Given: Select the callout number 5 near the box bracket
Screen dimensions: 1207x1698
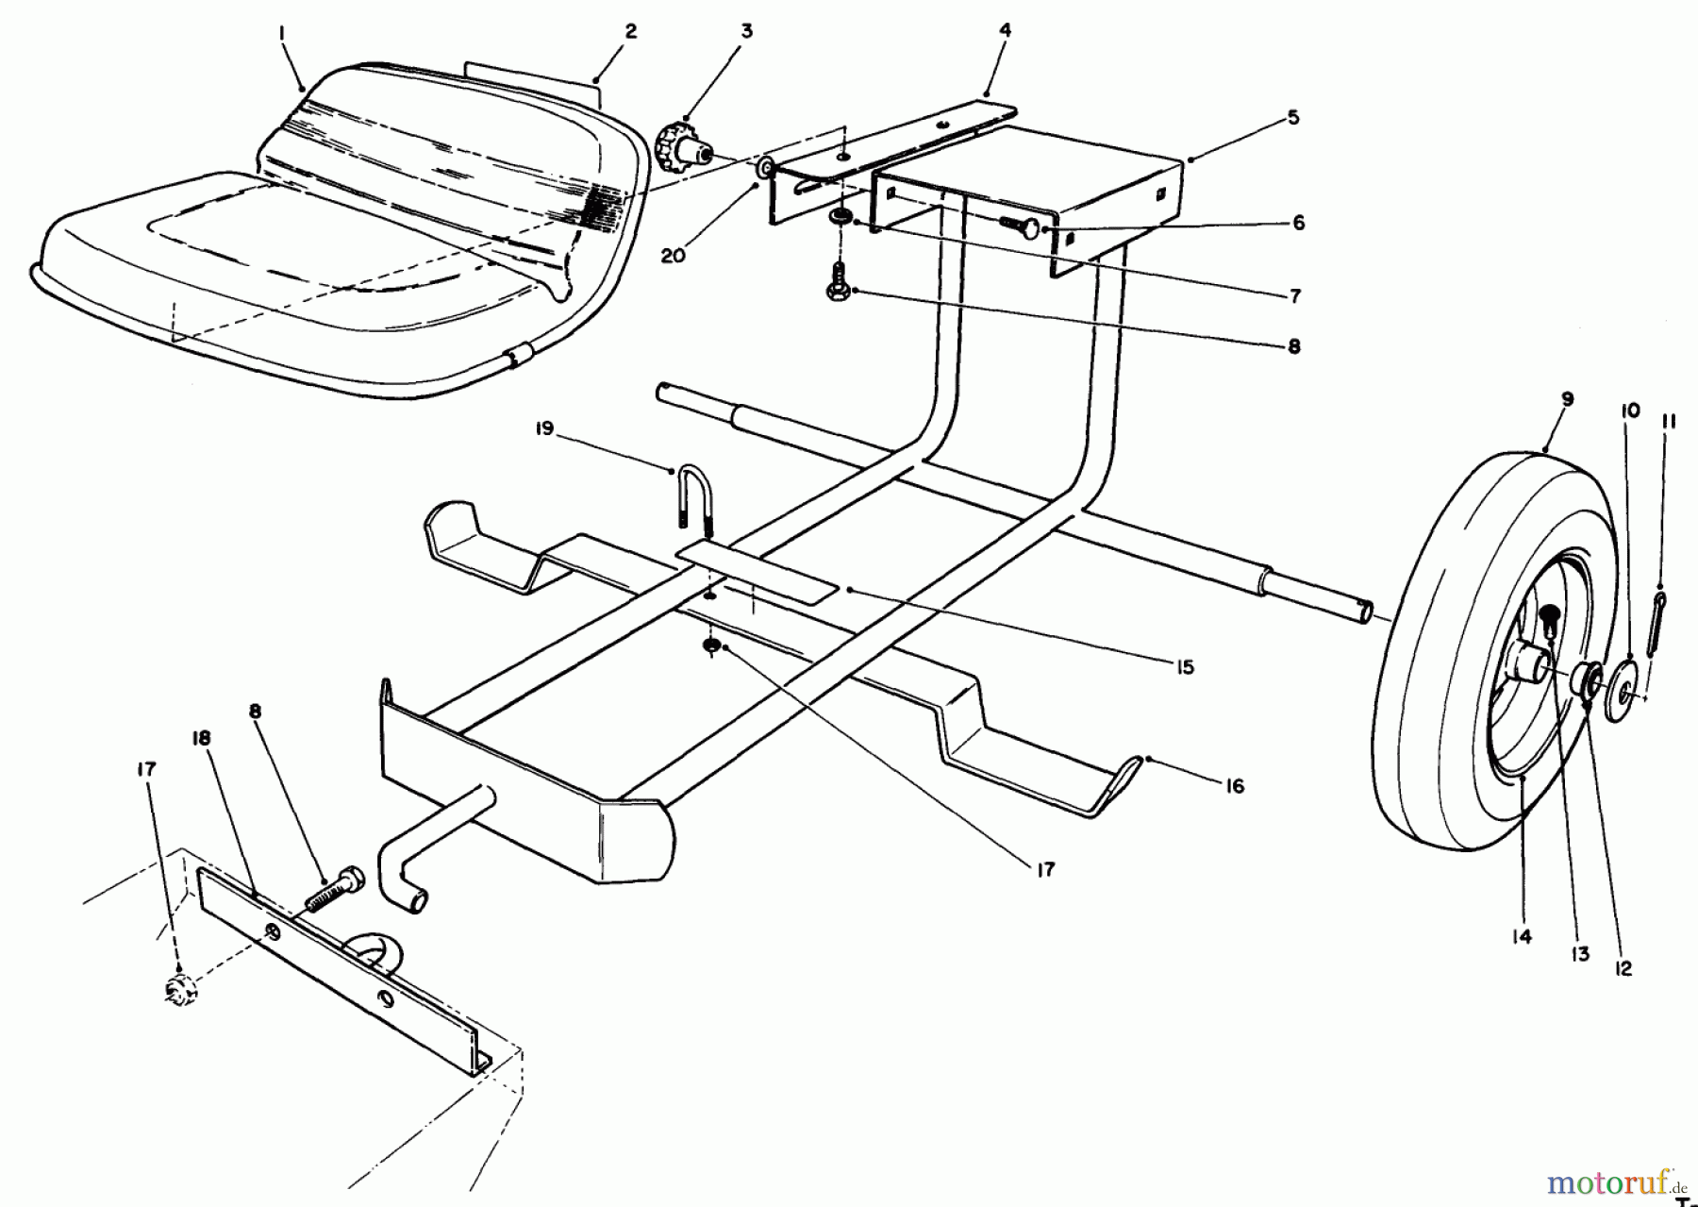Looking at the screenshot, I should pyautogui.click(x=1292, y=117).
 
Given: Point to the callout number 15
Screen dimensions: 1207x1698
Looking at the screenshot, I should pyautogui.click(x=1185, y=667).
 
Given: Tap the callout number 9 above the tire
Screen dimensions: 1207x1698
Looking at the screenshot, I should pyautogui.click(x=1567, y=400).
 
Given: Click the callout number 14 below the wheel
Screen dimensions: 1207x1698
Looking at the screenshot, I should pyautogui.click(x=1523, y=937).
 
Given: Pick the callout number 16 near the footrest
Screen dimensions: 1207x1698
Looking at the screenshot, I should pyautogui.click(x=1235, y=785).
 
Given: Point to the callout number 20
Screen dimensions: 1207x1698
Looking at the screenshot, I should pyautogui.click(x=674, y=256).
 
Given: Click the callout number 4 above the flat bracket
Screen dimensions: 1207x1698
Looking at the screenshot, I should pyautogui.click(x=1006, y=30).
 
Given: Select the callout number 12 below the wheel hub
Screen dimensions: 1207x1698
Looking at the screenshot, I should pyautogui.click(x=1623, y=968).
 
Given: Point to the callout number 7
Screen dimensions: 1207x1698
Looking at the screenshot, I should pyautogui.click(x=1295, y=296).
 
